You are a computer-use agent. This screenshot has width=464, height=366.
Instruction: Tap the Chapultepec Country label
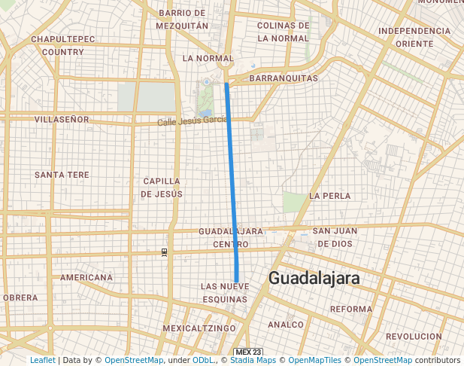(x=63, y=45)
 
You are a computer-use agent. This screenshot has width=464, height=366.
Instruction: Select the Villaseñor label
(x=62, y=119)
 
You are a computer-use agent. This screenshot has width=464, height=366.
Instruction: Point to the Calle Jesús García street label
(x=193, y=120)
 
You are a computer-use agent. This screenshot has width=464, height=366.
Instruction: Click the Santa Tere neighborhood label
(x=62, y=175)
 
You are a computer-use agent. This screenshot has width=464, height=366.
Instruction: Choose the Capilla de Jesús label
(x=161, y=188)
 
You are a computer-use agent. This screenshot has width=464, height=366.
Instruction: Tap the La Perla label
(x=329, y=196)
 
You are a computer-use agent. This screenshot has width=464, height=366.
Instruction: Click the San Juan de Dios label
(x=333, y=237)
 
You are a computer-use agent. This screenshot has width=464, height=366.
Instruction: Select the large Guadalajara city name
(x=314, y=279)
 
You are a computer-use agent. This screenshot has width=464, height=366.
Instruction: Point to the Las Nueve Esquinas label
(x=224, y=293)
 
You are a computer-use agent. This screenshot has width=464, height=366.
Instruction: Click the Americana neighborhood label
(x=86, y=277)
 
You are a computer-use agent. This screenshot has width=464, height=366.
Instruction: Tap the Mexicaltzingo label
(x=199, y=328)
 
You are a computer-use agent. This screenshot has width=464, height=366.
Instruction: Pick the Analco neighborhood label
(x=285, y=325)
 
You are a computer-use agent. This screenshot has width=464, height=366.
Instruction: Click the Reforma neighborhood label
(x=351, y=309)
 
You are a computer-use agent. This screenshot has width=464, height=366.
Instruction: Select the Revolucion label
(x=414, y=336)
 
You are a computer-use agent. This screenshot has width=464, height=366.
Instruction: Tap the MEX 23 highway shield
(x=248, y=352)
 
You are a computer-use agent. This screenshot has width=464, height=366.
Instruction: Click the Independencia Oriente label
(x=414, y=37)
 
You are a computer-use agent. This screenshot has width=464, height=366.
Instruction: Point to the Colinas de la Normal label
(x=283, y=32)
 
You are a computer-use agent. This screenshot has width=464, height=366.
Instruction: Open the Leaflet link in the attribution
(x=43, y=360)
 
